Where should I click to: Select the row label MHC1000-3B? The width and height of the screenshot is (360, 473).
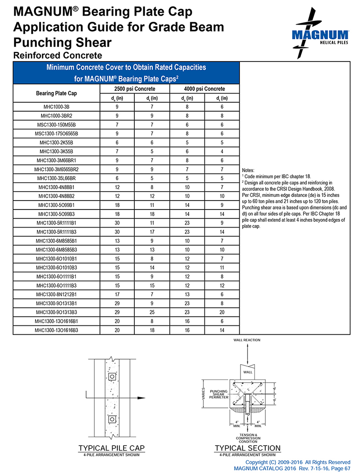(x=57, y=107)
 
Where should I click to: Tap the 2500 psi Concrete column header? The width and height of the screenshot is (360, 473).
(x=135, y=89)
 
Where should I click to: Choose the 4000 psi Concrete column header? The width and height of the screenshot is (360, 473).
(x=204, y=89)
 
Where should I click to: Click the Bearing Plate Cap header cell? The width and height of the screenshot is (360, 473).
(x=56, y=93)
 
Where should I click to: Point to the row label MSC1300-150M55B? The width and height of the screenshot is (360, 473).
(x=57, y=124)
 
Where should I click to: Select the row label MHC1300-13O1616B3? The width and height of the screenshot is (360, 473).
(x=57, y=330)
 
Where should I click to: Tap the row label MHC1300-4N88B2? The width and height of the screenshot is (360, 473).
(x=57, y=196)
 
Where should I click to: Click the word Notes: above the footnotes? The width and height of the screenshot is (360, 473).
(x=248, y=170)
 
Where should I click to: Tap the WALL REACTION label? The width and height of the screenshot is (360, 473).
(x=246, y=340)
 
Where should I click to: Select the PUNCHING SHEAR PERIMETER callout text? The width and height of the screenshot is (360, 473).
(x=219, y=394)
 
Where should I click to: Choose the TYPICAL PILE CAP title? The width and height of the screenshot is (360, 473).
(x=111, y=448)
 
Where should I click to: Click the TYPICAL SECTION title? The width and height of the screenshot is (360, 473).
(x=247, y=448)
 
